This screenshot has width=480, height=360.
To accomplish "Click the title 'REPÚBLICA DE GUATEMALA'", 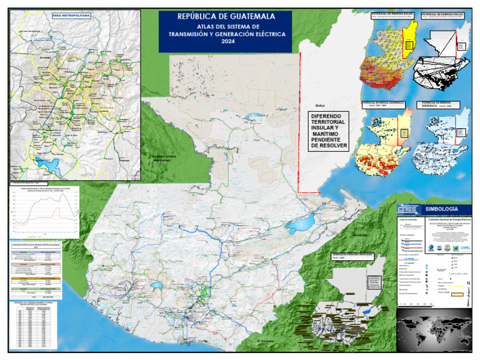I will [225, 17].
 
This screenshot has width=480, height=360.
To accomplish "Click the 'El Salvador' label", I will [266, 341].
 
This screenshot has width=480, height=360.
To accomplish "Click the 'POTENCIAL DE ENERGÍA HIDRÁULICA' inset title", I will [442, 102].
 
